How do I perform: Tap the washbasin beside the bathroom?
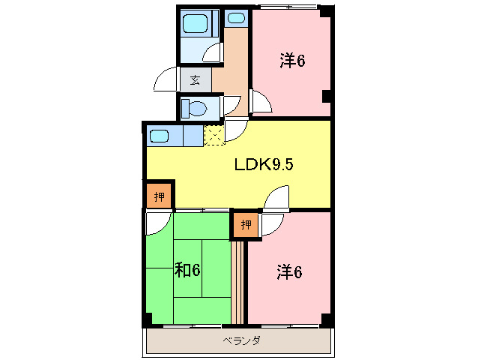[235, 18]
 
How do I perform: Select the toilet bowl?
[195, 108]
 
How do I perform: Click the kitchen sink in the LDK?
[160, 136]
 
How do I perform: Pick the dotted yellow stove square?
[214, 136]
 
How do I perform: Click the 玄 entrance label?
[195, 79]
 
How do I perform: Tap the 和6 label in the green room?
[187, 269]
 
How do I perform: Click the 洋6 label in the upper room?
[292, 61]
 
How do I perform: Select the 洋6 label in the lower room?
[288, 273]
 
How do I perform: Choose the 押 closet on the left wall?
[159, 197]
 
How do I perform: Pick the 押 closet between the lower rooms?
[246, 224]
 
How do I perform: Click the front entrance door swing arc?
[166, 79]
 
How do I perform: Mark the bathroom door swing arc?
[213, 52]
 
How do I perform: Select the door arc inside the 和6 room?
[158, 223]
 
